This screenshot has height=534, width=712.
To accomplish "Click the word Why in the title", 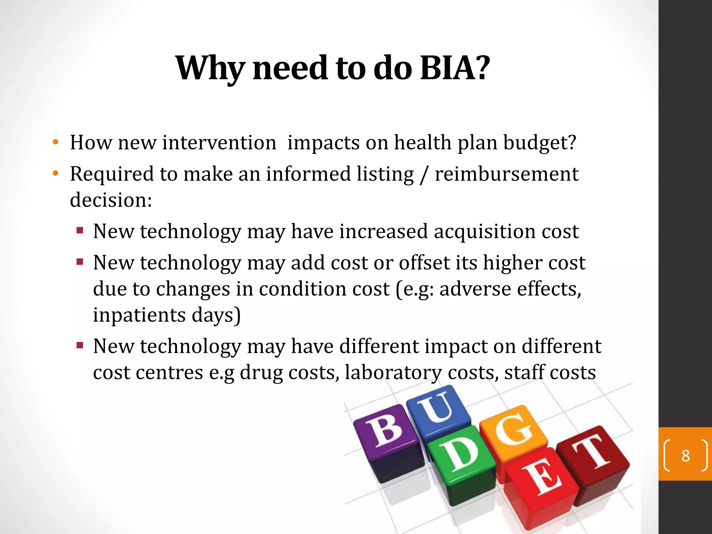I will [209, 68].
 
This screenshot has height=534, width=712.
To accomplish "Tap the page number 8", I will [685, 456].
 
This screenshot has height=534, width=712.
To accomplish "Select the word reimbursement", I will [507, 174].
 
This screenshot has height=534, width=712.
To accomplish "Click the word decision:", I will [111, 200].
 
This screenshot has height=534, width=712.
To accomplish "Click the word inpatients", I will [139, 315].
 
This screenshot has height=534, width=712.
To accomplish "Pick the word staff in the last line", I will [524, 373].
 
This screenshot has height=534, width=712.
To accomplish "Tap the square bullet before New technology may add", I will [80, 261].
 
